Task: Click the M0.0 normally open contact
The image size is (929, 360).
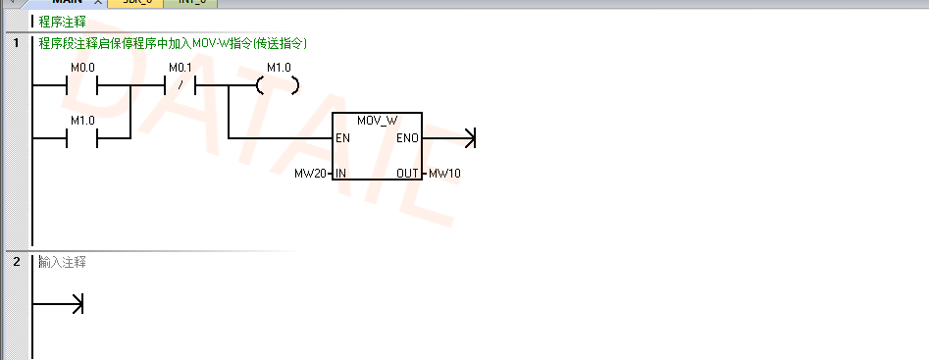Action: (x=81, y=85)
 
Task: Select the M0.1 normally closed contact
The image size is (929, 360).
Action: (x=180, y=85)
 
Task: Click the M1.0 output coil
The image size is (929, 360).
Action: (x=278, y=85)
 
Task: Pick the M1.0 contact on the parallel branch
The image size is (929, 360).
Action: (x=81, y=138)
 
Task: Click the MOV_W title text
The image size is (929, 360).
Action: (x=378, y=121)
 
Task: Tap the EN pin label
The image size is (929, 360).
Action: (x=342, y=138)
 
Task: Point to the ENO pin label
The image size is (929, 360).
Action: (x=407, y=138)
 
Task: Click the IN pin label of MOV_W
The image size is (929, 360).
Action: (x=341, y=174)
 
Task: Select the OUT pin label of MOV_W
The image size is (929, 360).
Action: (x=408, y=174)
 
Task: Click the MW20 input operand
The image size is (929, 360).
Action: (x=310, y=174)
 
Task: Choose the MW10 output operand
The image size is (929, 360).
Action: (x=444, y=174)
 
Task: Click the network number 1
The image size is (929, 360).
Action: (x=16, y=43)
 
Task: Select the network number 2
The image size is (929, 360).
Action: (x=16, y=262)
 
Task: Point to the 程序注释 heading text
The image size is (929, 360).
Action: (x=62, y=22)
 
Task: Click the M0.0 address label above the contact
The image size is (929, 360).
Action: (x=81, y=67)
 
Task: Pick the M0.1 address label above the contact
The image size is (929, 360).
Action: (x=181, y=67)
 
